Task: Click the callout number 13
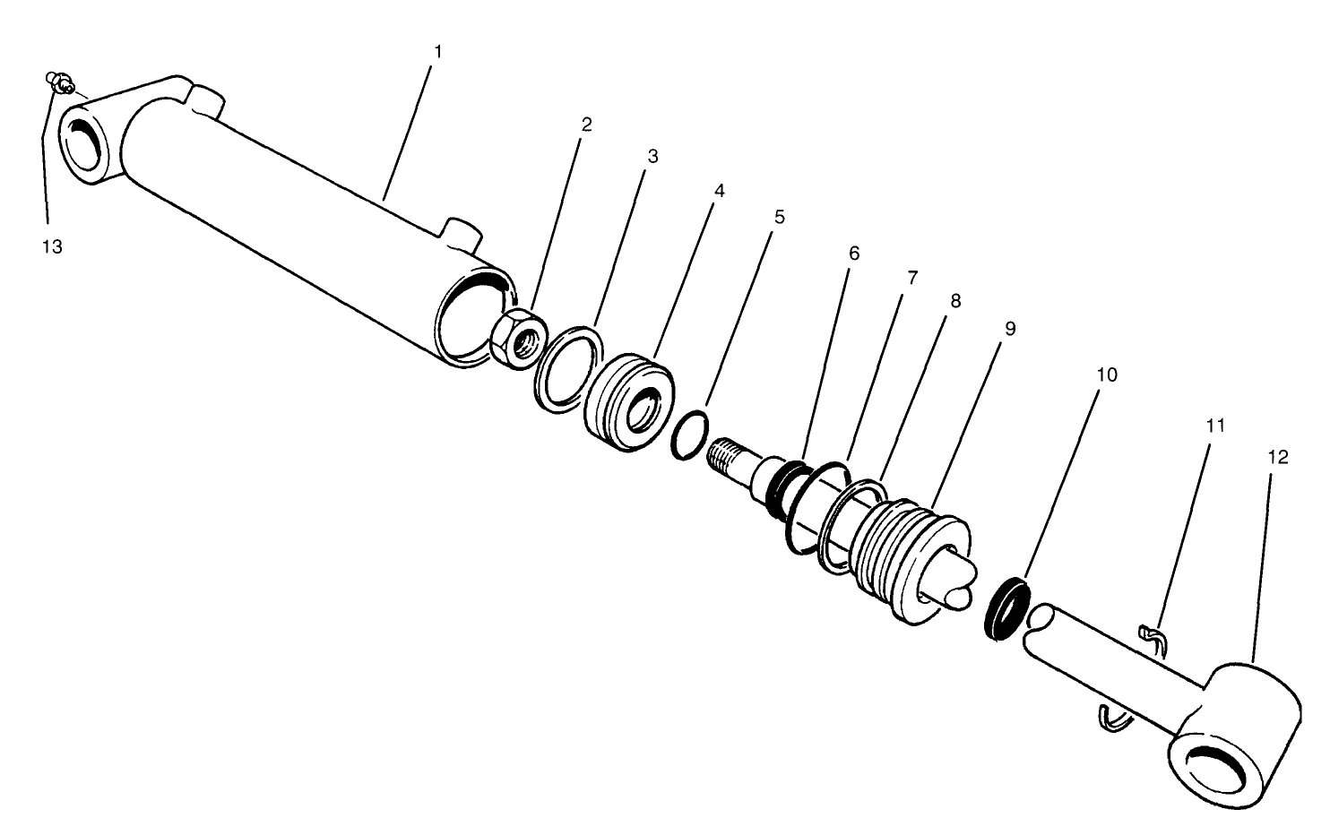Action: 52,247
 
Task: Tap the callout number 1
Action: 437,52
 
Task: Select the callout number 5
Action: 779,217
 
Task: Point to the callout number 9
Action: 1010,329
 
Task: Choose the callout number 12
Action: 1278,457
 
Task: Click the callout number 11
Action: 1215,426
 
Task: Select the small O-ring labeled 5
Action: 688,436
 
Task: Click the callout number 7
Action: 911,278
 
